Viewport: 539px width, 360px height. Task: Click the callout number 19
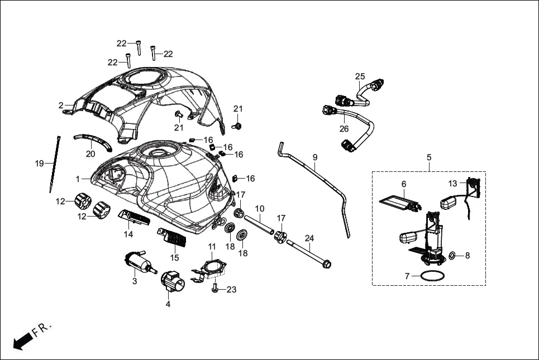point(39,164)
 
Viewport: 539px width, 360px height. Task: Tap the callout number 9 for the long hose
point(314,157)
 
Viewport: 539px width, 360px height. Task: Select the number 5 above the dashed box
point(429,157)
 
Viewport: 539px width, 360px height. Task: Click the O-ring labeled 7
point(433,275)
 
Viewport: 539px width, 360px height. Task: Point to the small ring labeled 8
point(453,256)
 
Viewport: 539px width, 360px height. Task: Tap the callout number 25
point(360,76)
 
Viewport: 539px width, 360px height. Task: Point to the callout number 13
point(453,183)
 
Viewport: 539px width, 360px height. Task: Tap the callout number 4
point(168,304)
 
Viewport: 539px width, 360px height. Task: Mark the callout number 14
point(128,234)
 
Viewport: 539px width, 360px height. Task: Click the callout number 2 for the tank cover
point(60,105)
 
